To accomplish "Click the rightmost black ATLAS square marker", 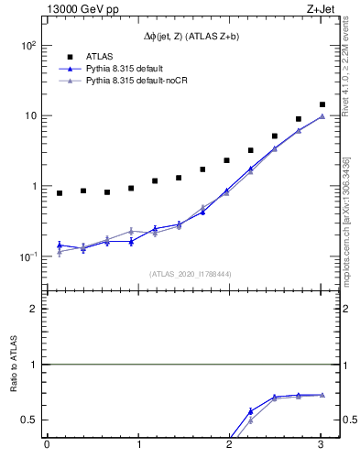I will coord(322,104).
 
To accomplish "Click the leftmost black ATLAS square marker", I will coord(60,193).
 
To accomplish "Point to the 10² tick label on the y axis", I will coord(28,46).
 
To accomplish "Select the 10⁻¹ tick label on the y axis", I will coord(28,256).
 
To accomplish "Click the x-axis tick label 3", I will coord(322,445).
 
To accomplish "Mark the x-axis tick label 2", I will coord(230,445).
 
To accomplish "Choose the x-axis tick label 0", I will coord(47,445).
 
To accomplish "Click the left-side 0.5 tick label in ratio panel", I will coord(30,420).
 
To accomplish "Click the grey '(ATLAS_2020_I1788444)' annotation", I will coord(189,273).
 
